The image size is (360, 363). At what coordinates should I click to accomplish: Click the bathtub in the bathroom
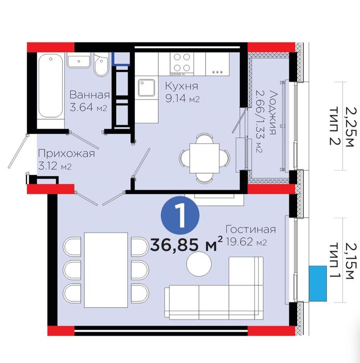51,86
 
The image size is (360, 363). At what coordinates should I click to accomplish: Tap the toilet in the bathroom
101,64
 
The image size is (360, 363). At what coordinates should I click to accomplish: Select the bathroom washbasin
79,62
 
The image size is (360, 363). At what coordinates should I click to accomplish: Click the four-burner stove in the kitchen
182,64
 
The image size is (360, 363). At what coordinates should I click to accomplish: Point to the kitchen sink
147,88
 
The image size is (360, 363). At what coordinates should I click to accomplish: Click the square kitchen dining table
204,158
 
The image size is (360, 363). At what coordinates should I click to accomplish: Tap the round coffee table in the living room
199,263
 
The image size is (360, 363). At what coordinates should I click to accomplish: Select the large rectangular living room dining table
106,270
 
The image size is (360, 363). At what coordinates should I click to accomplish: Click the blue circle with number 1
180,215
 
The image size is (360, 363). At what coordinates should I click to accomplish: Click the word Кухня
182,86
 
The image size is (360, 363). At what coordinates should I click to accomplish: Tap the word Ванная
90,95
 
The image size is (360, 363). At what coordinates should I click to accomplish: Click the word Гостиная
251,229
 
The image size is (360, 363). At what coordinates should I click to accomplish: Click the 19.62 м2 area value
247,242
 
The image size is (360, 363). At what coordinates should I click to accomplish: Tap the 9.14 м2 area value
183,99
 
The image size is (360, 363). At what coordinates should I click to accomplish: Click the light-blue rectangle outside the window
317,284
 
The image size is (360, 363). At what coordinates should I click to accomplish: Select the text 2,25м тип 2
342,126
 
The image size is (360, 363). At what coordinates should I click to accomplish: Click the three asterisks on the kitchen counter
217,72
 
